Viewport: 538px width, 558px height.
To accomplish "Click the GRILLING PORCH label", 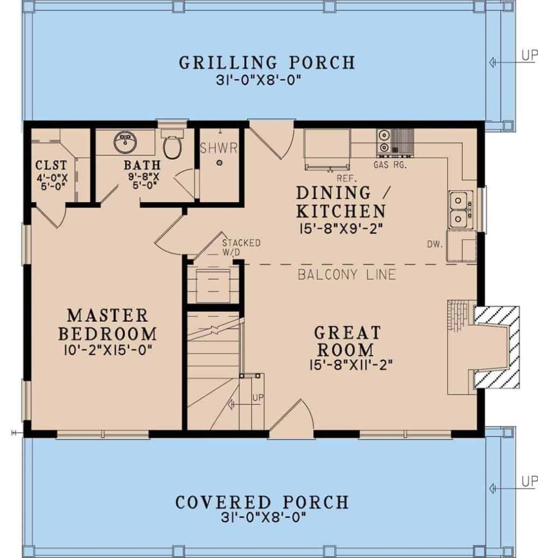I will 267,62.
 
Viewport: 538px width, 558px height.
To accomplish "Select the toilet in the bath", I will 172,145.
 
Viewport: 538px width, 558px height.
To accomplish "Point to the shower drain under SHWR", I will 219,162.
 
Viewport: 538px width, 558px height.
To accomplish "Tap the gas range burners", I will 384,140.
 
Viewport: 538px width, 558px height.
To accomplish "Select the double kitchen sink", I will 461,210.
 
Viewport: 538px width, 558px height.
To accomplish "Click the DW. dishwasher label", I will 436,244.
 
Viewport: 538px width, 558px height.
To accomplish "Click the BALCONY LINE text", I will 347,274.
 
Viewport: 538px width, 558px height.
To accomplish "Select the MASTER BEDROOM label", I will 107,324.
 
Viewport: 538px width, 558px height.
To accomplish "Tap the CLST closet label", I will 51,165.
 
